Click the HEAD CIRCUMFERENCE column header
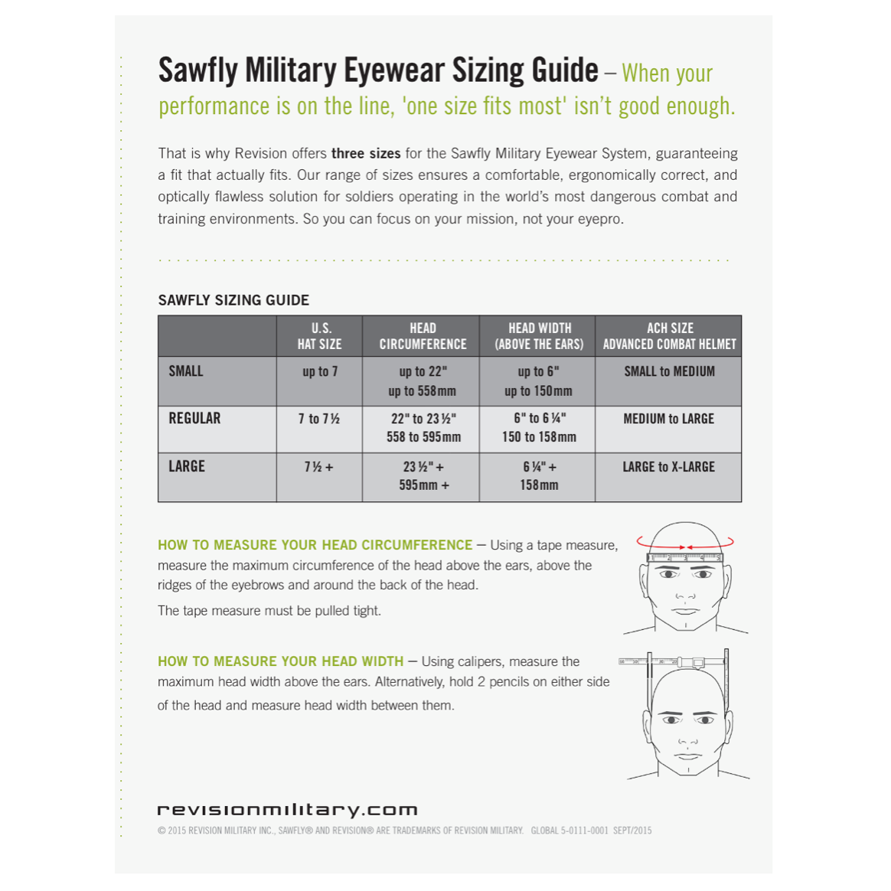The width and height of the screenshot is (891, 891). pyautogui.click(x=423, y=336)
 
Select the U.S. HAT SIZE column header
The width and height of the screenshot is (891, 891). pyautogui.click(x=320, y=336)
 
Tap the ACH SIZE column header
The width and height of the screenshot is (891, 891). pyautogui.click(x=669, y=336)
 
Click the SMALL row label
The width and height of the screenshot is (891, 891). pyautogui.click(x=186, y=371)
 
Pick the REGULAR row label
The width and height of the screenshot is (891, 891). pyautogui.click(x=194, y=419)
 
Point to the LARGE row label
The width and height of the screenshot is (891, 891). pyautogui.click(x=187, y=466)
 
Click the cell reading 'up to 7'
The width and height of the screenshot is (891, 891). pyautogui.click(x=320, y=372)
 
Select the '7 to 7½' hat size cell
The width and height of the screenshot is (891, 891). pyautogui.click(x=319, y=419)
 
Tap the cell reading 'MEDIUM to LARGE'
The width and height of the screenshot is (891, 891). pyautogui.click(x=668, y=419)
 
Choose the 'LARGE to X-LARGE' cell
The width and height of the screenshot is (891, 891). pyautogui.click(x=668, y=467)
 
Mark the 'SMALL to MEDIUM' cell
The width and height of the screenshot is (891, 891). pyautogui.click(x=669, y=371)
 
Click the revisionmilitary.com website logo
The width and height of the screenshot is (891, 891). pyautogui.click(x=287, y=810)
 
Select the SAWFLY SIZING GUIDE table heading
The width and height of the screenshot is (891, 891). pyautogui.click(x=233, y=300)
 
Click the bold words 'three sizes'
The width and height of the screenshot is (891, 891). pyautogui.click(x=366, y=153)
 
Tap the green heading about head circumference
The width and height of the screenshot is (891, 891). pyautogui.click(x=315, y=545)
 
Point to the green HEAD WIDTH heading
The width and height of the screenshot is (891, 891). pyautogui.click(x=280, y=661)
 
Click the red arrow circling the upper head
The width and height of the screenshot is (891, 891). pyautogui.click(x=690, y=544)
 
